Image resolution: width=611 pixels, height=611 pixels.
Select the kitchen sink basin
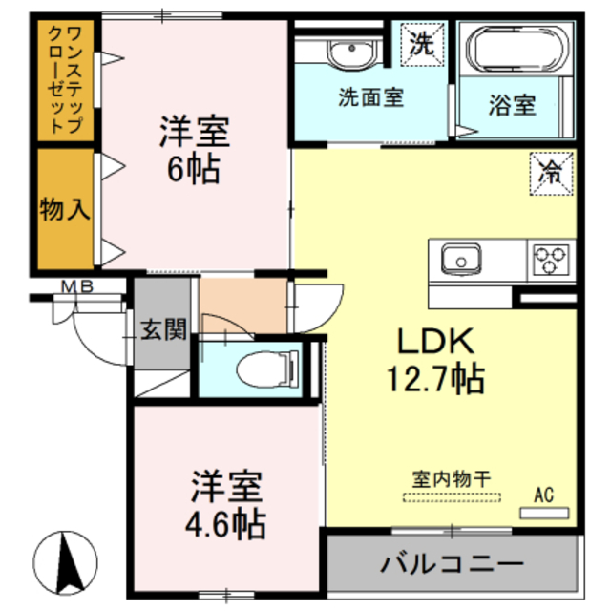pos(460,258)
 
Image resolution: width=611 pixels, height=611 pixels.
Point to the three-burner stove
pos(551,258)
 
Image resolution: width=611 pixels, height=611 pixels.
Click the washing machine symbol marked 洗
pos(421,44)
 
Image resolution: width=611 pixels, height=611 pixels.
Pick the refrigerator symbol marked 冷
pos(553,173)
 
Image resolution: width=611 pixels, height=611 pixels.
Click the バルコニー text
pos(453,562)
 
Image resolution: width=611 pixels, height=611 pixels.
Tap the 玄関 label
pos(162,330)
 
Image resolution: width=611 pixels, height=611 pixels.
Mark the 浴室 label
pos(513,106)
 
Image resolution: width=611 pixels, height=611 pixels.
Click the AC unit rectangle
pos(542,512)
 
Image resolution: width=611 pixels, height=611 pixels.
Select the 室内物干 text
pos(452,481)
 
